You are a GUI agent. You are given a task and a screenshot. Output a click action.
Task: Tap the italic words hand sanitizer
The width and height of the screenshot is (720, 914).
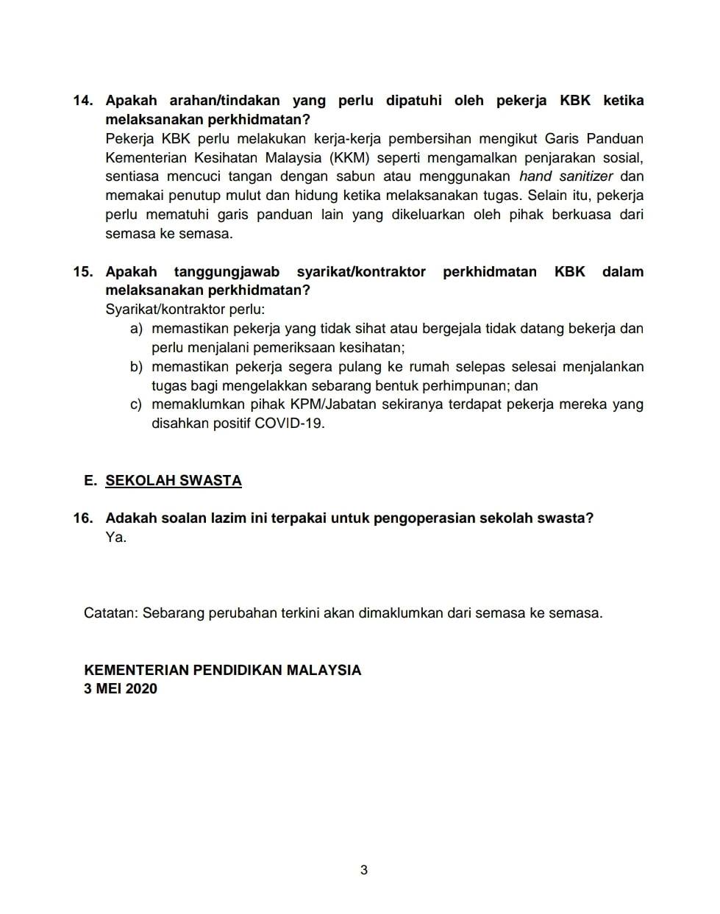click(566, 176)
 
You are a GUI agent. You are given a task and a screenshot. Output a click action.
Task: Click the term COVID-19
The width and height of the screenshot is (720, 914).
click(289, 424)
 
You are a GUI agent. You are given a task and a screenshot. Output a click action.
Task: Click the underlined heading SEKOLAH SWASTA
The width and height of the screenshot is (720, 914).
click(174, 481)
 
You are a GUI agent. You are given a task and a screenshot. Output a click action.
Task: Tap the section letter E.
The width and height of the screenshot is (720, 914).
click(90, 481)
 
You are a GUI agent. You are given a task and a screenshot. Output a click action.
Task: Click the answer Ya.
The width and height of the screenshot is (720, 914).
click(116, 538)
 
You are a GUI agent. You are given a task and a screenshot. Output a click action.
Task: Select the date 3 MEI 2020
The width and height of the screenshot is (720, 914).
click(121, 689)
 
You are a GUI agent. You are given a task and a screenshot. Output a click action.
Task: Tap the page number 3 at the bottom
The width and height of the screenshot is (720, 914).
click(364, 871)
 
